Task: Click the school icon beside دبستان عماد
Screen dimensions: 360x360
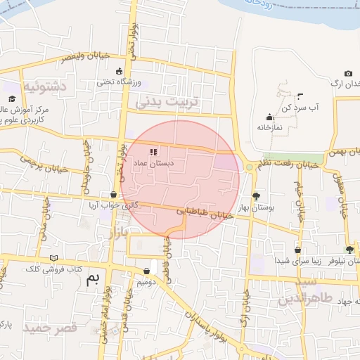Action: [154, 151]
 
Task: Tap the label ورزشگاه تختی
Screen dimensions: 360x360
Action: [122, 83]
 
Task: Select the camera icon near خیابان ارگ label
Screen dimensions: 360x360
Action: [348, 74]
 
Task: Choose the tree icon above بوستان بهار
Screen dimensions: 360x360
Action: [255, 196]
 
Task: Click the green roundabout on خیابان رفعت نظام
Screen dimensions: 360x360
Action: [250, 167]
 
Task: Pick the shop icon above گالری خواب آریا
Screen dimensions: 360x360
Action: [114, 194]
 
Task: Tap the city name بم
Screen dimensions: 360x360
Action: [93, 278]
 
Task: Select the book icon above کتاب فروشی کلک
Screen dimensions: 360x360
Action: [54, 258]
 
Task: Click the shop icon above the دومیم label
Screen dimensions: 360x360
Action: [146, 271]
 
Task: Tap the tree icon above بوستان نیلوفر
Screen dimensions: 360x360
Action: [349, 250]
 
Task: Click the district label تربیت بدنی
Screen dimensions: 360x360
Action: [167, 102]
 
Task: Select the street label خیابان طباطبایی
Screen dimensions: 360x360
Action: [204, 212]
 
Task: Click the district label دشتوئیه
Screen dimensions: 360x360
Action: [46, 87]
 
